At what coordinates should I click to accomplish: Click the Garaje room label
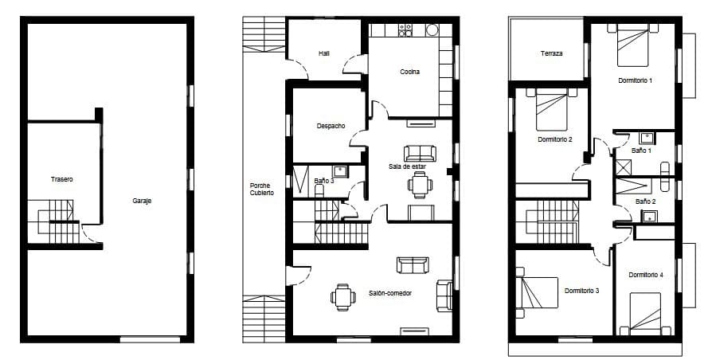(x=142, y=201)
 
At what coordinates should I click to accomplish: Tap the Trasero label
(x=61, y=179)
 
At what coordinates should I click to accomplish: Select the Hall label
(x=324, y=53)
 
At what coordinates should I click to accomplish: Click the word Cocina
(x=409, y=72)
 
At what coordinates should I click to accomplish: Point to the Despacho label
(x=331, y=126)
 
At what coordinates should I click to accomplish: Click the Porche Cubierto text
(x=261, y=190)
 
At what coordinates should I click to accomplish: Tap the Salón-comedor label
(x=389, y=293)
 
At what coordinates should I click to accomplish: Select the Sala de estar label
(x=408, y=166)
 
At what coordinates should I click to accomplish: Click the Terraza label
(x=551, y=53)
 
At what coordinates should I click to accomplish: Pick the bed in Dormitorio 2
(x=552, y=109)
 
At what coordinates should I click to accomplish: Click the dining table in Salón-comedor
(x=343, y=297)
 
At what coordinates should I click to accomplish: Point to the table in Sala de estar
(x=420, y=185)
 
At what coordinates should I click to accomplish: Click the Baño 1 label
(x=641, y=150)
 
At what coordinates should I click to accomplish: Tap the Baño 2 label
(x=645, y=202)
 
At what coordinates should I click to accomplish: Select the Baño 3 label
(x=323, y=181)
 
